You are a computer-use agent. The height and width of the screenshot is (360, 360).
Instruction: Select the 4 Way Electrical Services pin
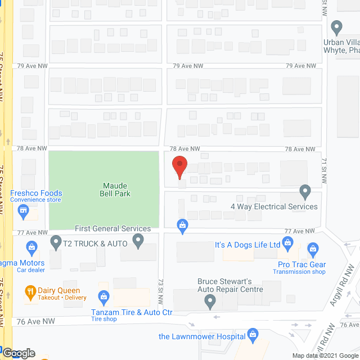tap(305, 192)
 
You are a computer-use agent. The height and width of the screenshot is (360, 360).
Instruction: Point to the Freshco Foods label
tap(36, 193)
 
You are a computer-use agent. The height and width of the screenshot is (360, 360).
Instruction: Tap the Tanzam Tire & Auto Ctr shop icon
tap(103, 296)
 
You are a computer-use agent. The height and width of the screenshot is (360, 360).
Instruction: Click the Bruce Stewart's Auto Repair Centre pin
tap(210, 302)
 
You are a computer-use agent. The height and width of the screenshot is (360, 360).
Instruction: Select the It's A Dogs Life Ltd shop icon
tap(288, 244)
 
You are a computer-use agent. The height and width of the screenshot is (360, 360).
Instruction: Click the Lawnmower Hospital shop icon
tap(253, 336)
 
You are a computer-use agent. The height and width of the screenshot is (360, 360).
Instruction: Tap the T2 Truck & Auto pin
tap(56, 242)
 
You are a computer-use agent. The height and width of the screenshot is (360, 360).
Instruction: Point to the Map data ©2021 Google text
tap(324, 355)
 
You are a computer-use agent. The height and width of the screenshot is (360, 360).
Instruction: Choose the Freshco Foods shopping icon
tap(24, 212)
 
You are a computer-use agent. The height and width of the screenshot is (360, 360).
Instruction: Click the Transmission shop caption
tap(299, 272)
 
